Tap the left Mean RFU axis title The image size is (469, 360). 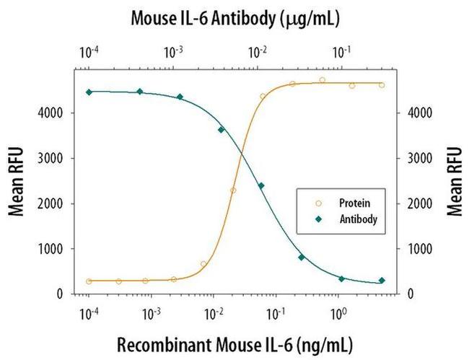(16, 181)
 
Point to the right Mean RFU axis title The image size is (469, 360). (453, 181)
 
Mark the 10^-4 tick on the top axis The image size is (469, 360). (88, 52)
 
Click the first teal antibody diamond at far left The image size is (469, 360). (89, 92)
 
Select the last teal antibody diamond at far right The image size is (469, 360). (382, 281)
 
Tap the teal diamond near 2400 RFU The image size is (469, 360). (261, 185)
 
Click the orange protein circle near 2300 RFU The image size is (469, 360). (233, 190)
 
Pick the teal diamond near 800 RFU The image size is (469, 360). (302, 258)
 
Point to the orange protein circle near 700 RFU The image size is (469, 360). (203, 264)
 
